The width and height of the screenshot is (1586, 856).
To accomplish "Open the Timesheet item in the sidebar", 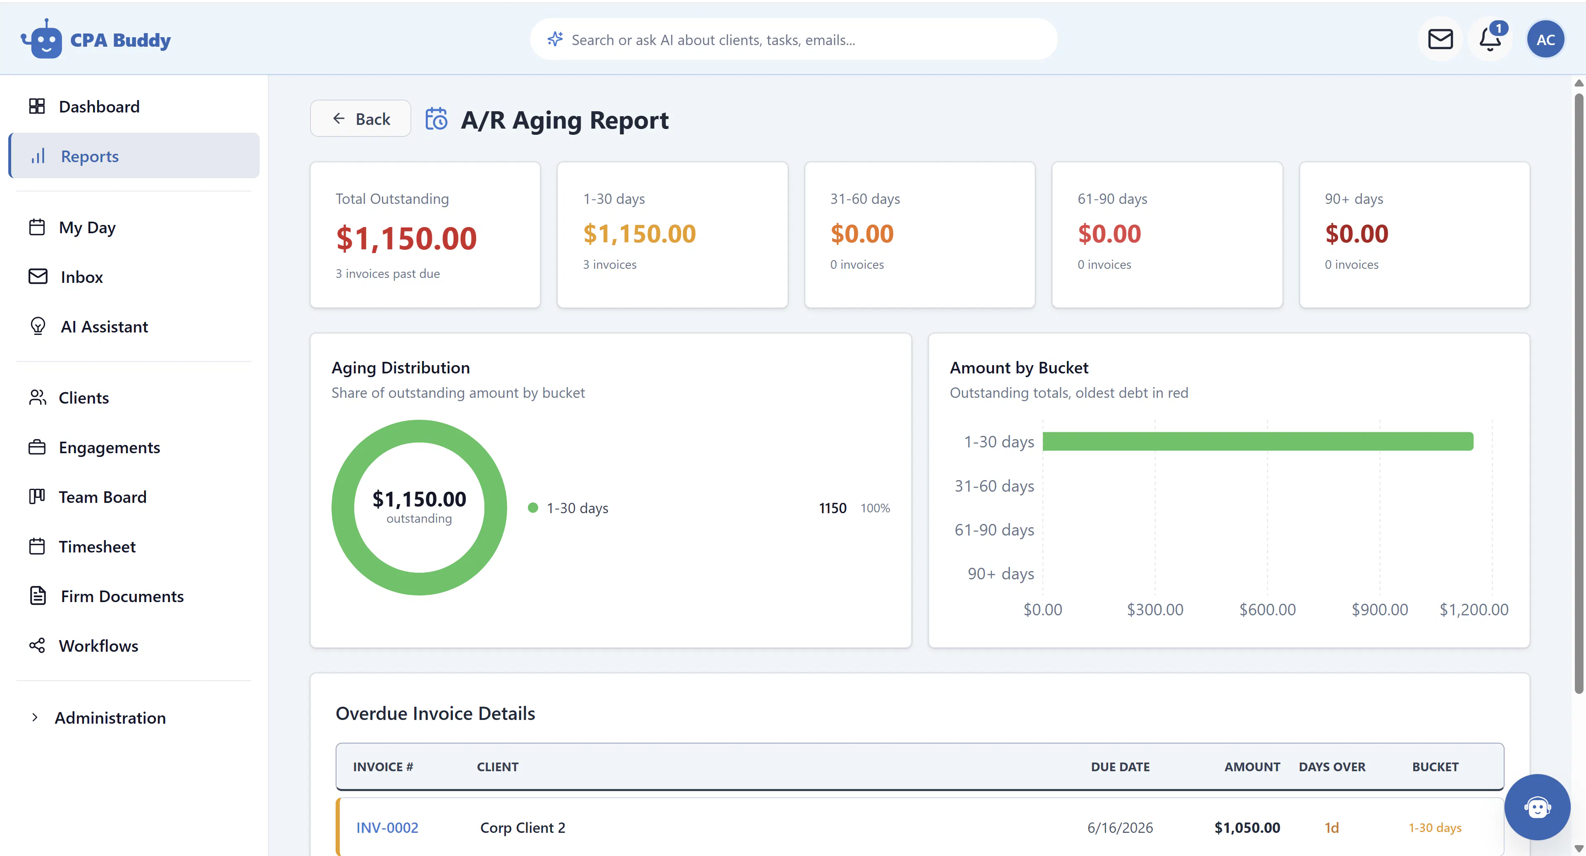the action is (x=97, y=546).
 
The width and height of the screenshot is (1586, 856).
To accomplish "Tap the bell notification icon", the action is (x=1490, y=39).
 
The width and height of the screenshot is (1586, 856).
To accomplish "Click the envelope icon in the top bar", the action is (x=1440, y=39).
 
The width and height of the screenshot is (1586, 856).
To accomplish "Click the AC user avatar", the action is (x=1545, y=39).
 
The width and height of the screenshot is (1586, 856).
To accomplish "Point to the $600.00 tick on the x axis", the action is (x=1267, y=610).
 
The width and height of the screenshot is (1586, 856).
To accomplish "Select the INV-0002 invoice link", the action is (x=387, y=827).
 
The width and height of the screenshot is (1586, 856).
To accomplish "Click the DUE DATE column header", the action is (x=1120, y=767).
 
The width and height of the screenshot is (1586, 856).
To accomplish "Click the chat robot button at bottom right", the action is (x=1537, y=807).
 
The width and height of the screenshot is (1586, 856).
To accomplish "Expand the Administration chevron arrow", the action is (x=34, y=717).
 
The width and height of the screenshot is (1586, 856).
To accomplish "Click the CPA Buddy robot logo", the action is (x=42, y=39).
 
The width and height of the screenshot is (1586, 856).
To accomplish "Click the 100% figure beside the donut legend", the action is (x=875, y=508).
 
